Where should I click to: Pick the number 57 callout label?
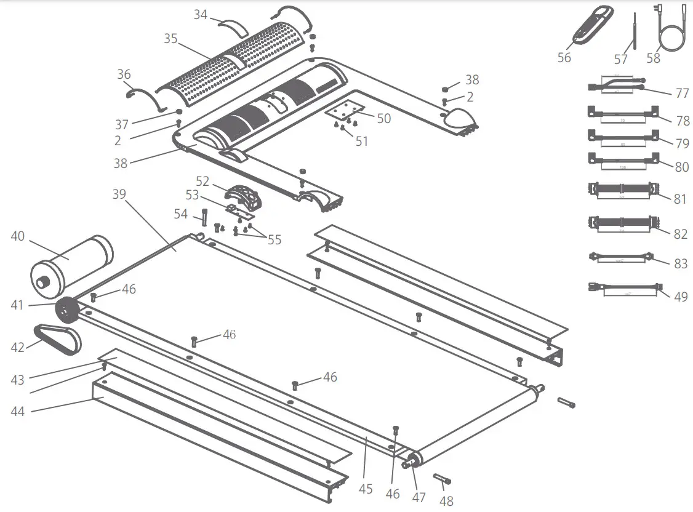620,59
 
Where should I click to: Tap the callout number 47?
419,497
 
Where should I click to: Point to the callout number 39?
119,194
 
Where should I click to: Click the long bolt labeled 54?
203,217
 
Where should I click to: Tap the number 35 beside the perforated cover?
170,38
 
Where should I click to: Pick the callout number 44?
18,410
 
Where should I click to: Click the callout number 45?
366,489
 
